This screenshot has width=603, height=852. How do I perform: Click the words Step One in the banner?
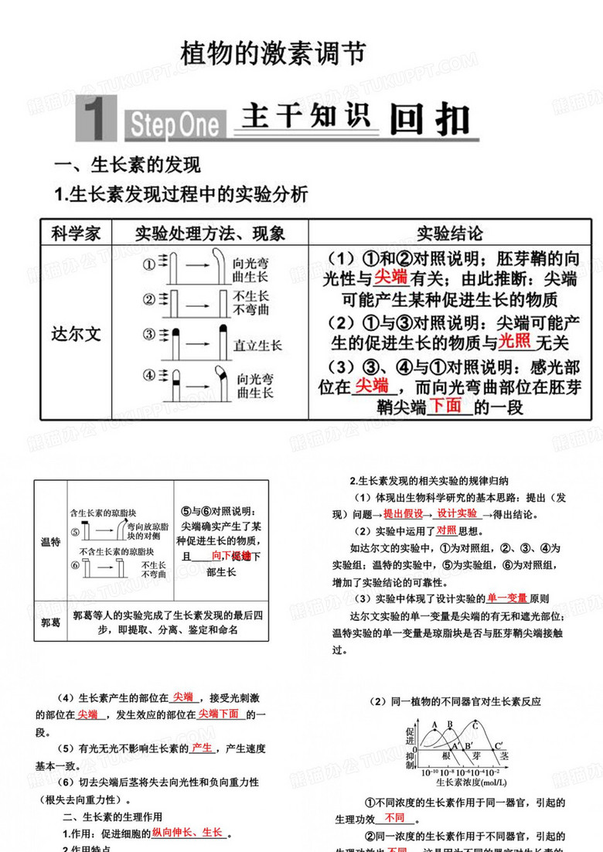tap(173, 124)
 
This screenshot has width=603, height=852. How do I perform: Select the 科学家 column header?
tap(76, 233)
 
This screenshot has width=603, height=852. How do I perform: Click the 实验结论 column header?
tap(449, 233)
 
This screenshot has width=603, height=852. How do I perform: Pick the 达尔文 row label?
tap(76, 334)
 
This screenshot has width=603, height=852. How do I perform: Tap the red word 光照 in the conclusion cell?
tap(515, 341)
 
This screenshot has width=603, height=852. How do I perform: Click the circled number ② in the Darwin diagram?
tap(148, 300)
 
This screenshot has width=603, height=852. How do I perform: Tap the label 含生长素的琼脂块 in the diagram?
tap(103, 513)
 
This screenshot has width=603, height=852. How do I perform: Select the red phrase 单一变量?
tap(506, 598)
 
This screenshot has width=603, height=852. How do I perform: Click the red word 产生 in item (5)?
tap(202, 748)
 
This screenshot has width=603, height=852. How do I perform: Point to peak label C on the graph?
tap(475, 724)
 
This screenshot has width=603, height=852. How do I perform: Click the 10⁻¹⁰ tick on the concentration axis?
tap(429, 772)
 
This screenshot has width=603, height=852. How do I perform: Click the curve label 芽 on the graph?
tap(477, 756)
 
